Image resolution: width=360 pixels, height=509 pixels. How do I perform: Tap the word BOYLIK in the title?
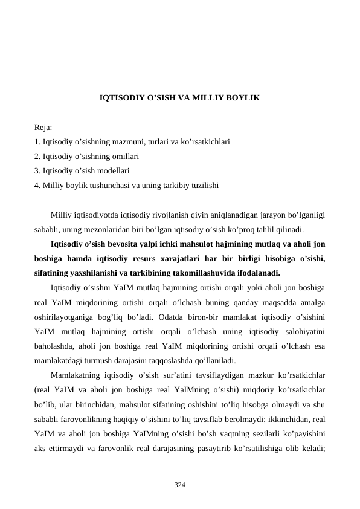click(245, 97)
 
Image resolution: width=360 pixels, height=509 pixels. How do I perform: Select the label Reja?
click(43, 128)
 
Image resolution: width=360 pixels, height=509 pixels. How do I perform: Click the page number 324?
click(179, 485)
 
